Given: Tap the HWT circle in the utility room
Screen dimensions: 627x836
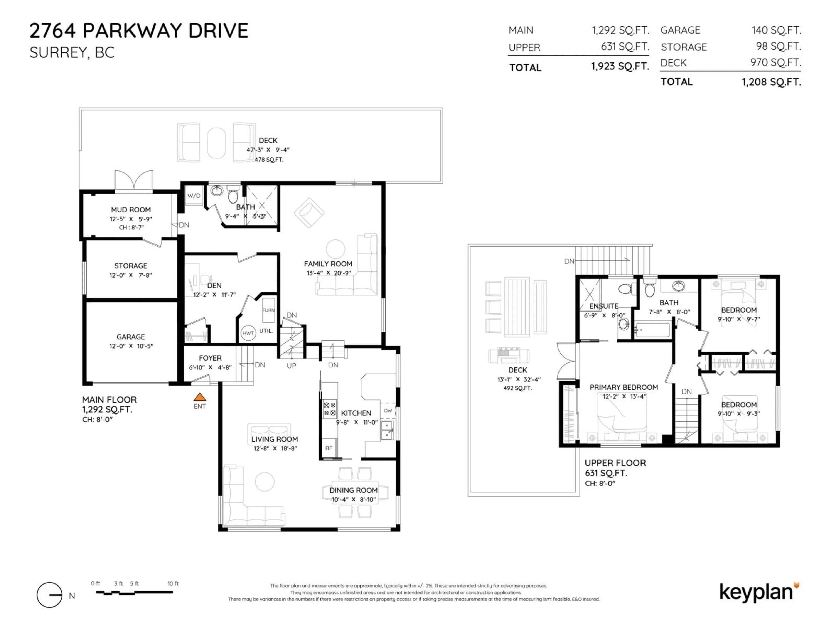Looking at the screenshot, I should coord(248,333).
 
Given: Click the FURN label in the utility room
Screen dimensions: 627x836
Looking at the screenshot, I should coord(268,310).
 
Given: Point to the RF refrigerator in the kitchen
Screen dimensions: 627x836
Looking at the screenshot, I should coord(329,448).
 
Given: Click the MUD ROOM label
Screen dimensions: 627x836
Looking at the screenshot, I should coord(131,209).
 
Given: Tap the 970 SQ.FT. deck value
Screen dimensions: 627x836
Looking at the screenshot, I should coord(775,62).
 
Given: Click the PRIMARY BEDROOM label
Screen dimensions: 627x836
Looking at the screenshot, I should coord(624,387).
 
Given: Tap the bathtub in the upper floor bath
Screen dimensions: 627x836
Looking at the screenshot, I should coord(653,330).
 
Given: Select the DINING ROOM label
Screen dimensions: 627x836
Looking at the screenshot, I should coord(353,490).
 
